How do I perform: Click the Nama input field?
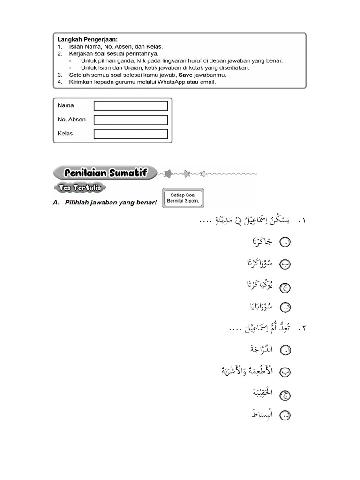coord(131,106)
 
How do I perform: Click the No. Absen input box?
coord(131,120)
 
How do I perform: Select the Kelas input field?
coord(131,134)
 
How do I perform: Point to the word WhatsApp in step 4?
coord(173,82)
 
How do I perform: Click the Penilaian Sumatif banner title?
coord(105,173)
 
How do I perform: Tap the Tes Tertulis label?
coord(80,188)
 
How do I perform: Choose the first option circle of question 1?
coord(285,242)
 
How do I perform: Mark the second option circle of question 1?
coord(285,264)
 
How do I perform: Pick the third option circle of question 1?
coord(285,286)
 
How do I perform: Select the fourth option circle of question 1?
coord(285,307)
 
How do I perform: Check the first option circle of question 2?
coord(285,350)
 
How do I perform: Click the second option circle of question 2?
coord(285,372)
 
